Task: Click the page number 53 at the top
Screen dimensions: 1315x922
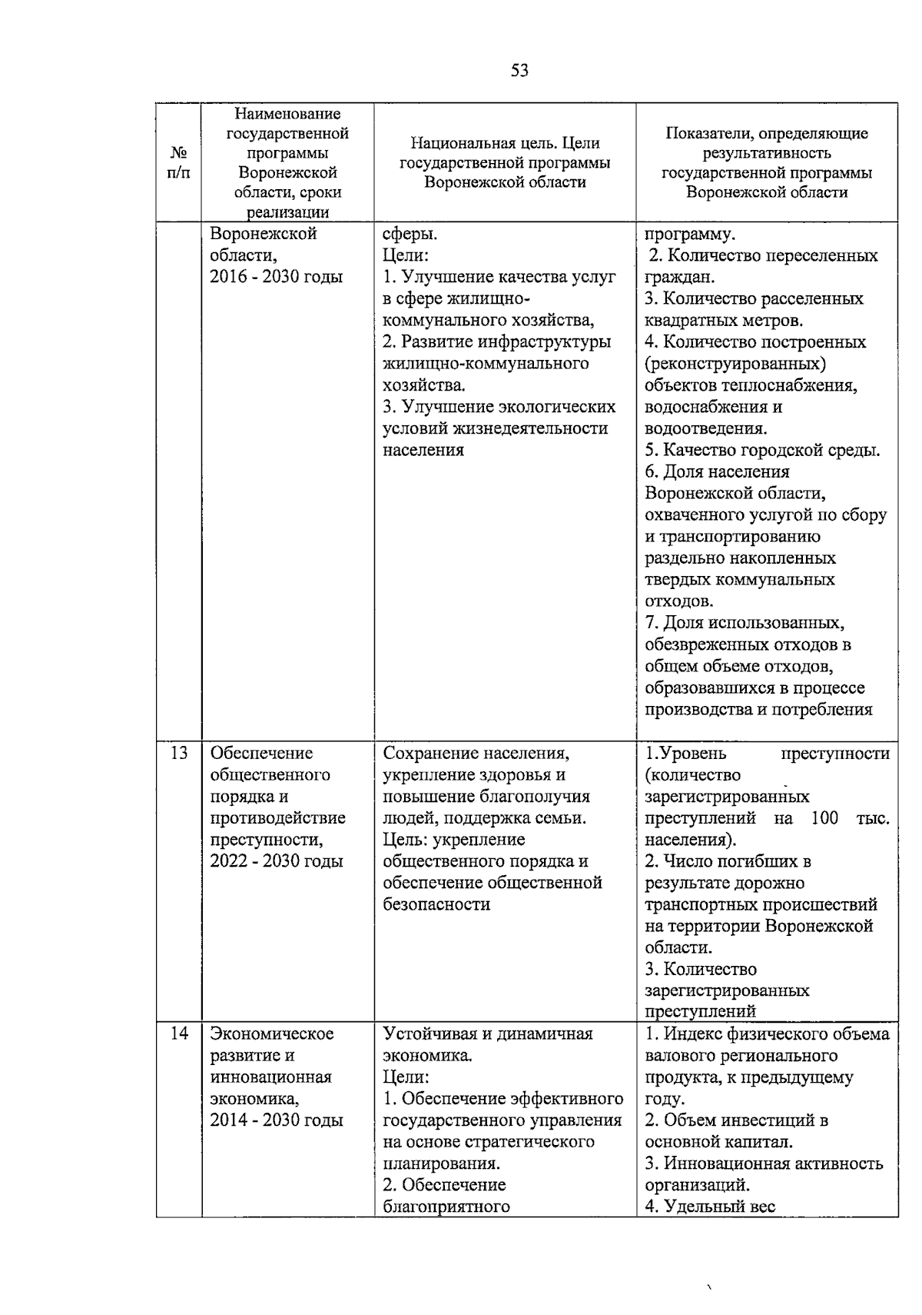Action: tap(519, 71)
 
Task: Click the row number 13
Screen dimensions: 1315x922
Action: tap(178, 753)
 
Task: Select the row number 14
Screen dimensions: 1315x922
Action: tap(178, 1034)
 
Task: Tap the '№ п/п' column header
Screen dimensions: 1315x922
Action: tap(178, 162)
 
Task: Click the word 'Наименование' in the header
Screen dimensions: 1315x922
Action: tap(287, 115)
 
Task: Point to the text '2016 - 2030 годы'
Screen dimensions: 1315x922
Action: tap(277, 277)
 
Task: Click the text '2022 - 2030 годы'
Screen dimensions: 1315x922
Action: tap(277, 861)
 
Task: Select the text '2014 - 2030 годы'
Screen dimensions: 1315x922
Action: tap(277, 1120)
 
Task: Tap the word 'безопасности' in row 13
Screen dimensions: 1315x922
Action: tap(436, 904)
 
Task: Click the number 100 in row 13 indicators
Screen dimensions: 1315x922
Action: tap(824, 818)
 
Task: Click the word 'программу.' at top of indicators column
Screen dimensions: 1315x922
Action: tap(690, 234)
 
